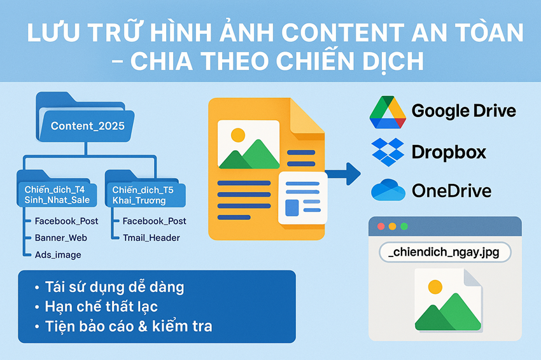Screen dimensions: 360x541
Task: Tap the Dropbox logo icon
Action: coord(388,152)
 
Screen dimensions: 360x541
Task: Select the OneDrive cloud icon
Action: coord(388,190)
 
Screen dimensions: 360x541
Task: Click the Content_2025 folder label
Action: coord(88,126)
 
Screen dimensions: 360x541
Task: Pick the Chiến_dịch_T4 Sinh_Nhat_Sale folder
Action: coord(58,195)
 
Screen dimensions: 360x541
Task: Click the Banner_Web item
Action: coord(61,238)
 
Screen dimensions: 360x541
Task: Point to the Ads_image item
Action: coord(58,255)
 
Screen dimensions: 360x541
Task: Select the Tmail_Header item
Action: coord(151,238)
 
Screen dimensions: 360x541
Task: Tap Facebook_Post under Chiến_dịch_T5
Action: coord(154,221)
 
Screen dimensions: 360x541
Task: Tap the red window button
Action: coord(381,226)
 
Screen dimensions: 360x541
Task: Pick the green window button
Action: coord(404,226)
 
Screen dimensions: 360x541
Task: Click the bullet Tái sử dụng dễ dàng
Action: coord(114,287)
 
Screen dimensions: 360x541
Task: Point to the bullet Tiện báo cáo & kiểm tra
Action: coord(128,327)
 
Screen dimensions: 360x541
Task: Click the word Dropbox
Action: coord(449,152)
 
